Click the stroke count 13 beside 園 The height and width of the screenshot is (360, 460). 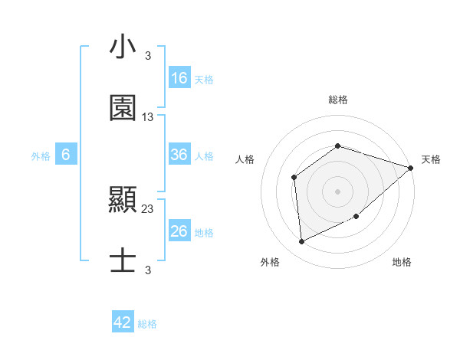148,117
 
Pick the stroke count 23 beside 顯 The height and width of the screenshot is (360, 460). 148,208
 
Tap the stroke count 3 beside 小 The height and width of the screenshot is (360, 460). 148,56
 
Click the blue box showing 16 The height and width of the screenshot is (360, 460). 179,78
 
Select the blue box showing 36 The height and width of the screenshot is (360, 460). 179,155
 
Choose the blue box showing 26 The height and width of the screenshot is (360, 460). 179,231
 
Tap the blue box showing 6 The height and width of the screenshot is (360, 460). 66,155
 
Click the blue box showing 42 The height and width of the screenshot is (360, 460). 123,322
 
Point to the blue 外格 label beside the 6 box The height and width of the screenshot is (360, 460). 41,155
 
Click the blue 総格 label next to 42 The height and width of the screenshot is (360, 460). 147,324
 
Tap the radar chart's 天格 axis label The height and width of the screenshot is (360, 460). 431,159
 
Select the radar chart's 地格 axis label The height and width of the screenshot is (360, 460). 402,262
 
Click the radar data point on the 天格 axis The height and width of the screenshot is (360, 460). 410,168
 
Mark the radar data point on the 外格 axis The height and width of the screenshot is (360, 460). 301,242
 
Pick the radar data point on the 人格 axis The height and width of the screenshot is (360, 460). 294,178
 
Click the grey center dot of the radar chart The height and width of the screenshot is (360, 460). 337,191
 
